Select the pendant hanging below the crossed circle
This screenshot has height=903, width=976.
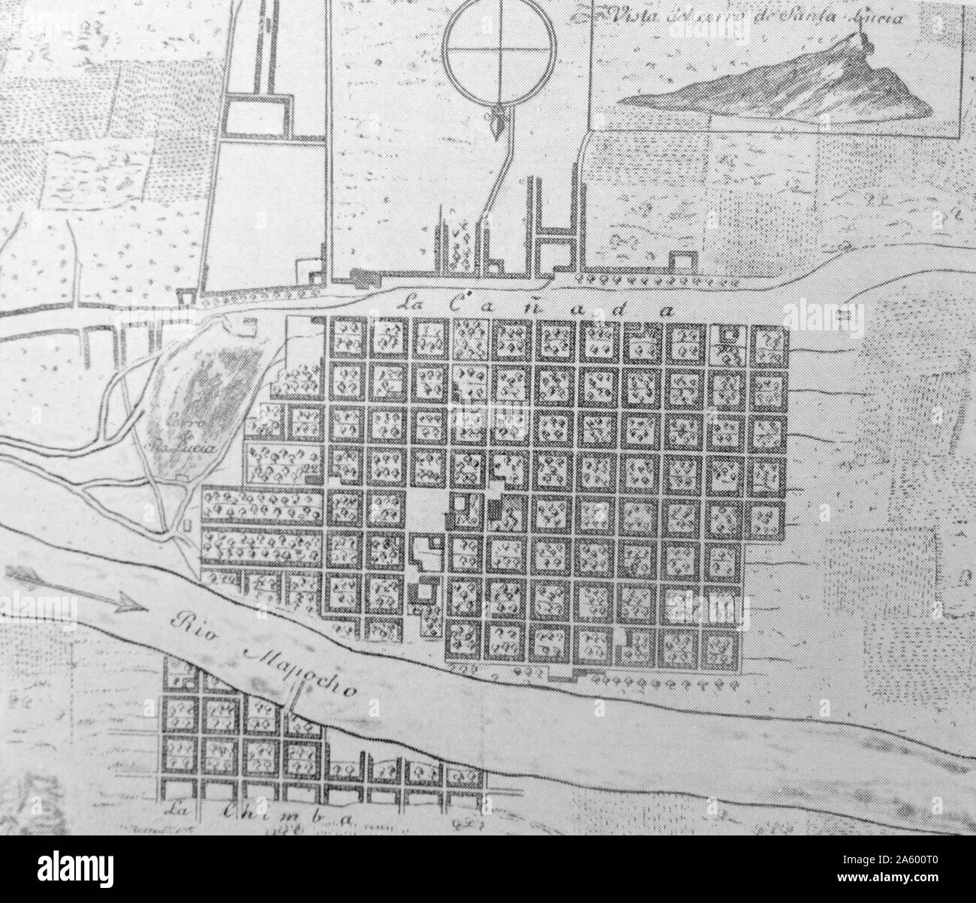(x=495, y=124)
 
